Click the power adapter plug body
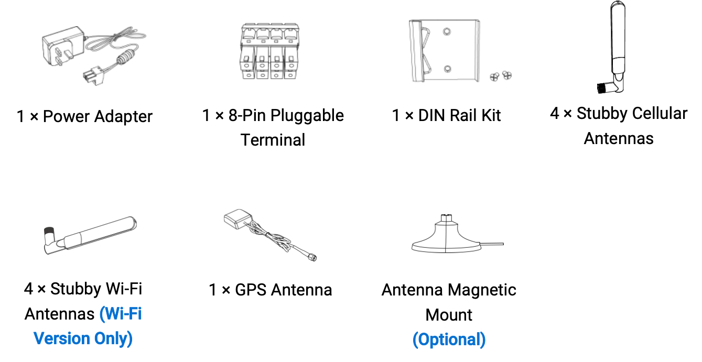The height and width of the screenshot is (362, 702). point(63,46)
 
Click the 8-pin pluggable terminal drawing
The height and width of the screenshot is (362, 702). point(270,51)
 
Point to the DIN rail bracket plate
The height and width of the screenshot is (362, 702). point(445,51)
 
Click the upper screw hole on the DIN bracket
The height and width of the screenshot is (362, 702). point(447,31)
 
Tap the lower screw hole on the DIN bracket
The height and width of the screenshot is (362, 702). point(448,69)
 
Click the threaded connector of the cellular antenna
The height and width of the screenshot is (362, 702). point(603,88)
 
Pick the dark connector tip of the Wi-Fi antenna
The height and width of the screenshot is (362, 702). point(49,232)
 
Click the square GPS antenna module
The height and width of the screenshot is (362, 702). point(238,218)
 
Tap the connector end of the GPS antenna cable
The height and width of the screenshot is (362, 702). point(312,257)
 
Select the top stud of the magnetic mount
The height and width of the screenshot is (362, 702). point(446,218)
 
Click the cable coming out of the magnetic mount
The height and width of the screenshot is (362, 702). point(491,244)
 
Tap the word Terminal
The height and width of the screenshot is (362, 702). point(273,140)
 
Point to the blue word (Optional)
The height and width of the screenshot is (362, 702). point(449,339)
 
